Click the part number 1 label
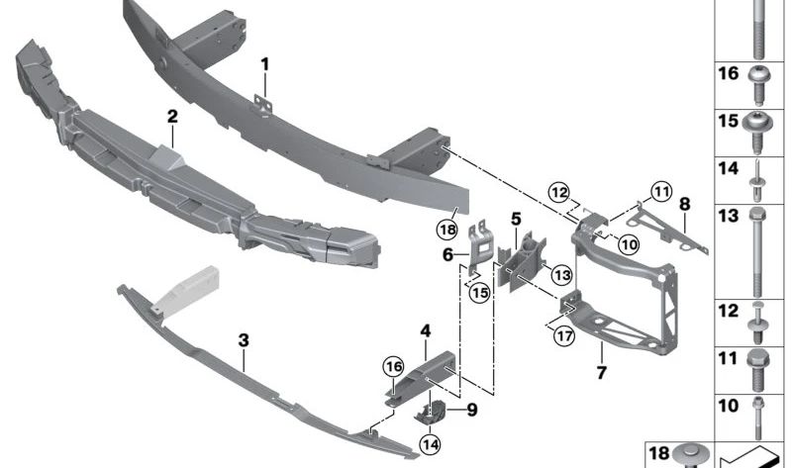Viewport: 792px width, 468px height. click(265, 65)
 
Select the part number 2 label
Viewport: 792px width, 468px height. click(172, 117)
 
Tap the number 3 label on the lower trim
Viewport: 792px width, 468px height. click(244, 340)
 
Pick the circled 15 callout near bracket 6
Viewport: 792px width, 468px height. click(480, 293)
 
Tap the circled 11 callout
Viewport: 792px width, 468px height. click(661, 190)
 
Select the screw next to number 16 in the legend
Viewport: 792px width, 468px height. click(759, 83)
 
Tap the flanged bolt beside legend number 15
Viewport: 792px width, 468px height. click(759, 127)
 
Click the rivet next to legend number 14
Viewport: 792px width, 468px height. click(759, 174)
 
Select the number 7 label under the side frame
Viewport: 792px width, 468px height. click(600, 373)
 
